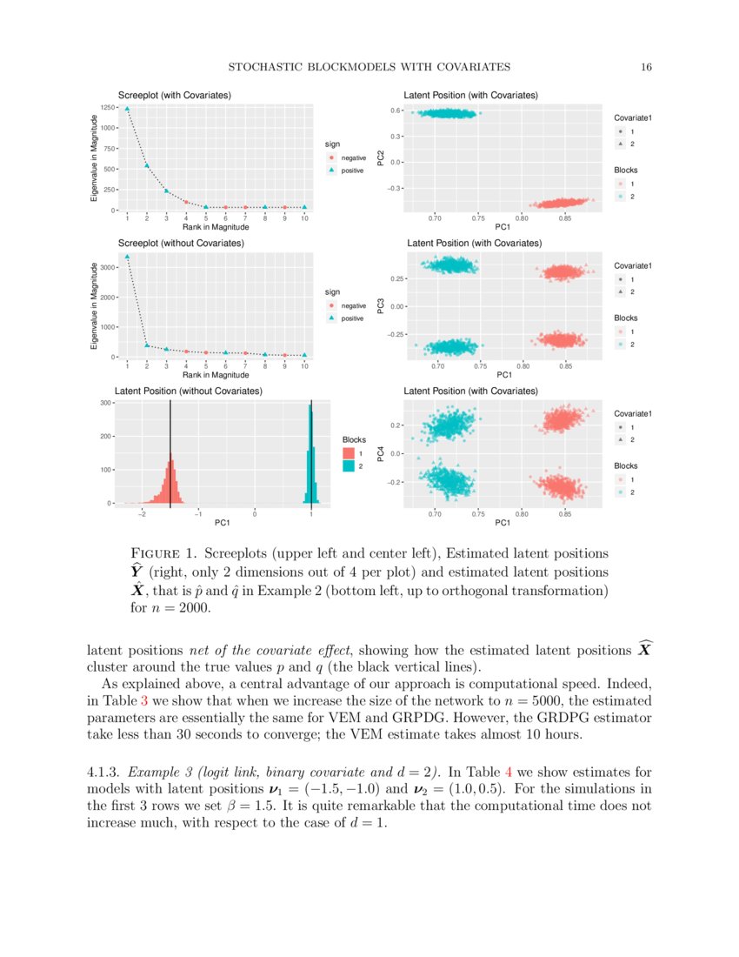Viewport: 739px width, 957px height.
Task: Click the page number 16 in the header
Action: coord(646,67)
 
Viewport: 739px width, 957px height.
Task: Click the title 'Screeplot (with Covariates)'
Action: coord(174,95)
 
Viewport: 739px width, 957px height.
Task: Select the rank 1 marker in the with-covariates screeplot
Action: coord(127,110)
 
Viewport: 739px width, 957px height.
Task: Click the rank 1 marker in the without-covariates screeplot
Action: coord(127,257)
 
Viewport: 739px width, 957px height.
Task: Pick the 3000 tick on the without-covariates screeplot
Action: coord(108,268)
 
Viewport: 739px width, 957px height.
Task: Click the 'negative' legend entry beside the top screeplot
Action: coord(353,157)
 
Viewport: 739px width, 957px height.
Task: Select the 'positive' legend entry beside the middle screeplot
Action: coord(353,318)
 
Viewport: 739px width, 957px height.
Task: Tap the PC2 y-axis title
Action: coord(381,157)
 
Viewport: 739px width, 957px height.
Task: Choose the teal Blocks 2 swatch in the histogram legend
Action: coord(349,466)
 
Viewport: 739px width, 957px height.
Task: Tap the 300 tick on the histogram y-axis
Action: coord(104,403)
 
